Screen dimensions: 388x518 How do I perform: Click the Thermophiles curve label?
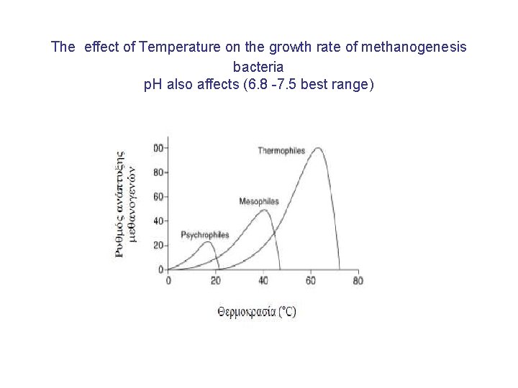coord(281,150)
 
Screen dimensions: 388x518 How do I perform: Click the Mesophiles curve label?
coord(259,201)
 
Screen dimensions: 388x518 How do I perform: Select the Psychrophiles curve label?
coord(205,235)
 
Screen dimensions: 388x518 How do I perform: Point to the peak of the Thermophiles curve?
coord(317,149)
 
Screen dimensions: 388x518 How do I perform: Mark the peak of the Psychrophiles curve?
coord(207,242)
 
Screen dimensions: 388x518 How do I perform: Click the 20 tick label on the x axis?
coord(216,281)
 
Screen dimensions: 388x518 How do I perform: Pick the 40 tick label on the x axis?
coord(263,281)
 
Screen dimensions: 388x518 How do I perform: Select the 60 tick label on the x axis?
coord(311,281)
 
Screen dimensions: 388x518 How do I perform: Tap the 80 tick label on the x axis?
coord(358,281)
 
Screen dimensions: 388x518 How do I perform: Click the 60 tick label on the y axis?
coord(158,196)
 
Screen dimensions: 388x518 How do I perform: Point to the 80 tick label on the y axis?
coord(158,172)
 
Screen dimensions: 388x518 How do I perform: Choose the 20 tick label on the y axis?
coord(158,245)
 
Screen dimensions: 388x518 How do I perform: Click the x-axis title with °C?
coord(256,311)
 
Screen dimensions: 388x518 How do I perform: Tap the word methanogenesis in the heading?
coord(415,47)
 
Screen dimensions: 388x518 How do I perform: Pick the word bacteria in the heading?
coord(258,66)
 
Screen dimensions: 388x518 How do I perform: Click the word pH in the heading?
coord(154,84)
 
